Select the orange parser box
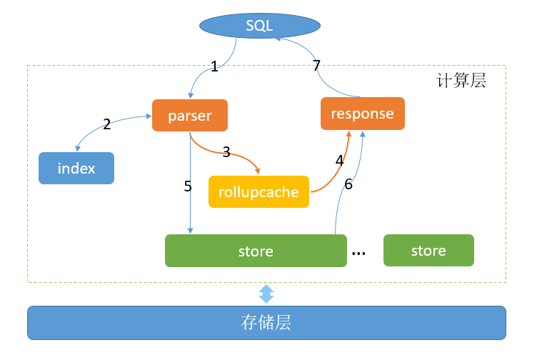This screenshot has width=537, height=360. (x=190, y=115)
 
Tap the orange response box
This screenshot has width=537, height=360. (x=362, y=114)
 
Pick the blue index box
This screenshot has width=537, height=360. (x=76, y=169)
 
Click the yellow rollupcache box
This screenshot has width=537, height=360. (x=259, y=191)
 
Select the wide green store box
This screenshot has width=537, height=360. (x=256, y=251)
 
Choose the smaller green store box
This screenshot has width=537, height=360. (x=428, y=251)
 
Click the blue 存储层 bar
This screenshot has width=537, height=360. (x=266, y=323)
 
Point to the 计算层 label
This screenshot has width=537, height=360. (x=461, y=80)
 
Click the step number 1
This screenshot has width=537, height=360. (x=214, y=67)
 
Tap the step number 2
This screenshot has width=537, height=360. (x=106, y=124)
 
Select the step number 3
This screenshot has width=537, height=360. (x=226, y=151)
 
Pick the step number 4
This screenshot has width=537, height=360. (x=339, y=160)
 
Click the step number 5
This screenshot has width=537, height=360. (x=188, y=186)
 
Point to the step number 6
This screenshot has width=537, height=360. (x=348, y=184)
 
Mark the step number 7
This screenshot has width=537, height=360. (x=316, y=66)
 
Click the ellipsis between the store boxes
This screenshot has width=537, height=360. (x=359, y=252)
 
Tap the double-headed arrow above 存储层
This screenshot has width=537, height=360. (x=266, y=294)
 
